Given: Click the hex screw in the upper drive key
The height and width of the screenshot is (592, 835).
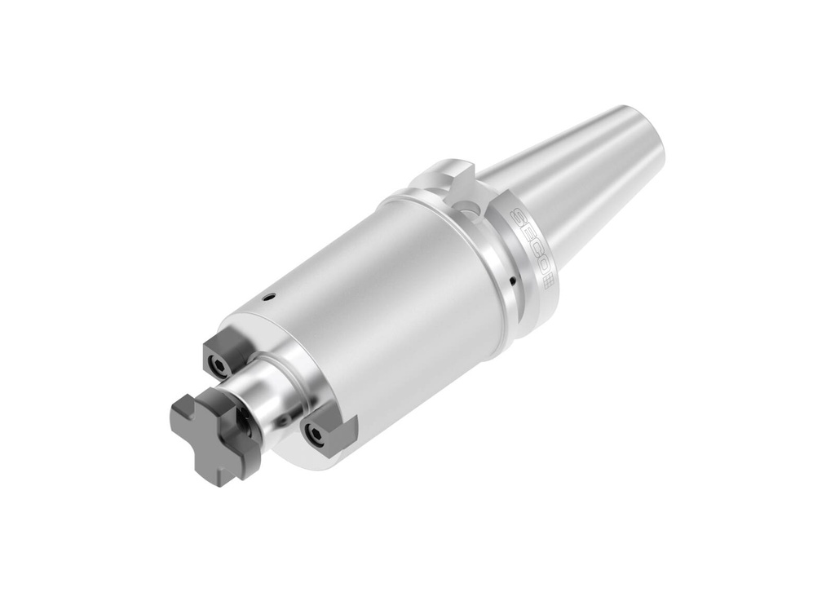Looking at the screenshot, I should [219, 361].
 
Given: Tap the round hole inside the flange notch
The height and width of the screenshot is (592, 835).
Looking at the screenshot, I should [470, 209].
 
